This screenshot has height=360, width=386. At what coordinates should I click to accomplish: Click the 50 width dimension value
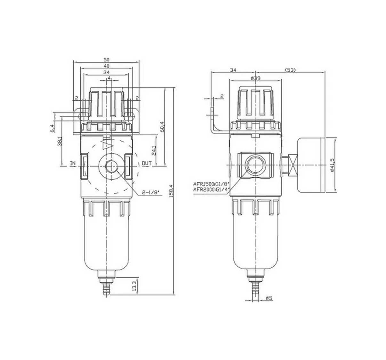pyautogui.click(x=107, y=59)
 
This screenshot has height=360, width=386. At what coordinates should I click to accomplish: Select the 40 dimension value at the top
pyautogui.click(x=107, y=66)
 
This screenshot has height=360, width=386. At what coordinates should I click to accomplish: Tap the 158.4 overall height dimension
pyautogui.click(x=171, y=191)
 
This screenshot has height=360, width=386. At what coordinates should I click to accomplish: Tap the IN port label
pyautogui.click(x=73, y=164)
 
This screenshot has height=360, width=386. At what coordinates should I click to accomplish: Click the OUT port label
pyautogui.click(x=147, y=164)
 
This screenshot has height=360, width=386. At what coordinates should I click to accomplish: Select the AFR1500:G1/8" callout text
pyautogui.click(x=212, y=184)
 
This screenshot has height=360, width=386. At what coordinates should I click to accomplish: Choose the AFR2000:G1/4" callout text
pyautogui.click(x=212, y=189)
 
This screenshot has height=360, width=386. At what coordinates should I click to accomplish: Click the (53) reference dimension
pyautogui.click(x=290, y=70)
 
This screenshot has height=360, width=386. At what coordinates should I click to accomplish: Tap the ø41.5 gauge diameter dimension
pyautogui.click(x=332, y=165)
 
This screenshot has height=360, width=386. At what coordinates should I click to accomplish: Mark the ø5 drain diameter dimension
pyautogui.click(x=269, y=298)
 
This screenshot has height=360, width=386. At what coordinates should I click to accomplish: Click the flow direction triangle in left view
pyautogui.click(x=106, y=146)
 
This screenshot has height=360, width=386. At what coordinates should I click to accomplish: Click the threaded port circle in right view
pyautogui.click(x=255, y=164)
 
